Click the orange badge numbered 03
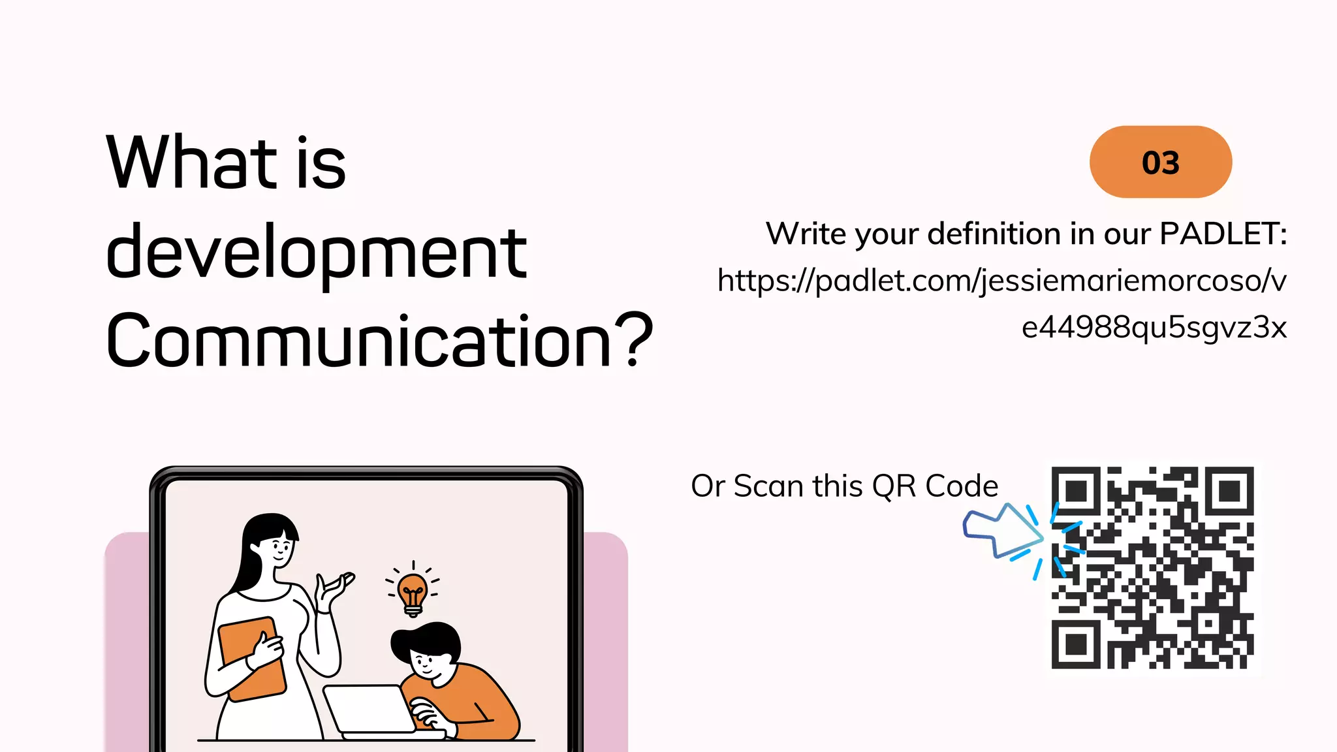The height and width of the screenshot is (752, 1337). [1160, 162]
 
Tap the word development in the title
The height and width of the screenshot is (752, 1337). [316, 253]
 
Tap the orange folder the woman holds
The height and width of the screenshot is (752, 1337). [251, 657]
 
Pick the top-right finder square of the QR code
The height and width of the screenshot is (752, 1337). [1229, 491]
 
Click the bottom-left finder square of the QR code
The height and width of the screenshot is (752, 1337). [1076, 644]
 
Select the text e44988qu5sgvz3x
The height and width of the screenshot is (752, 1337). [1154, 327]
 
